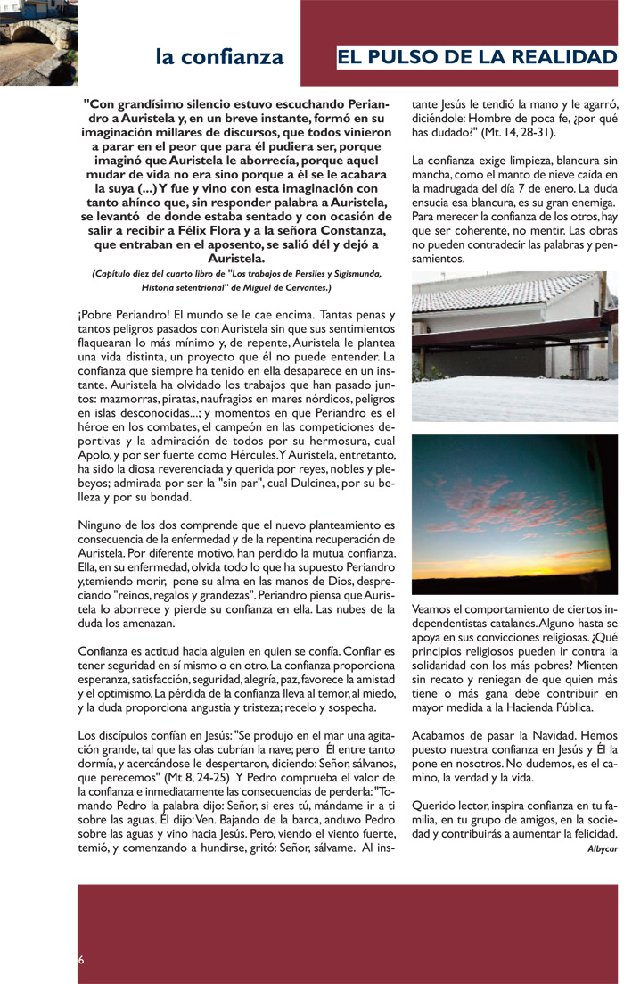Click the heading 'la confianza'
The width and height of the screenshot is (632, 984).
[x=219, y=58]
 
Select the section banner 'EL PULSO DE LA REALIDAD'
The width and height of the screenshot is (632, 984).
[x=477, y=58]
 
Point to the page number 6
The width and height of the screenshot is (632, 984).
[x=81, y=960]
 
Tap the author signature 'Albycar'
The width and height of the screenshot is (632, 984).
[x=603, y=848]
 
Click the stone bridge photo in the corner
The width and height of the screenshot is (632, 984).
[x=26, y=42]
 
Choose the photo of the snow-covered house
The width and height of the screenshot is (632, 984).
[x=514, y=346]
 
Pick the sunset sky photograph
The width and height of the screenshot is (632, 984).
[x=514, y=515]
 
